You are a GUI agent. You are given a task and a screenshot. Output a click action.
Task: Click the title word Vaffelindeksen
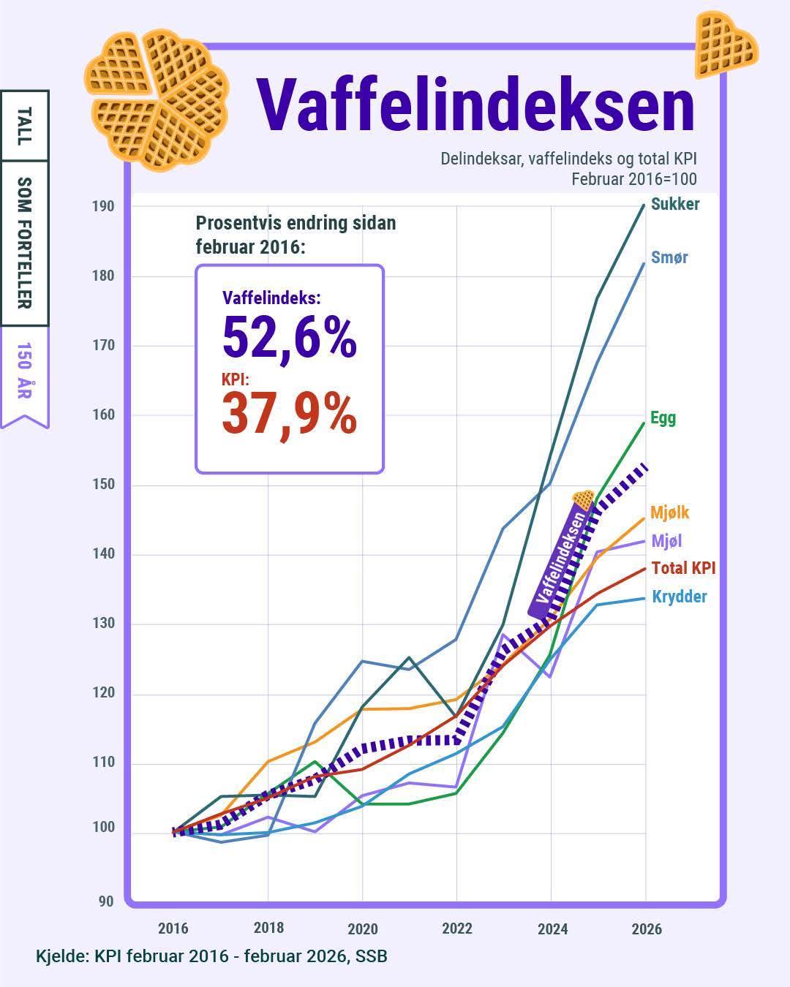pyautogui.click(x=475, y=105)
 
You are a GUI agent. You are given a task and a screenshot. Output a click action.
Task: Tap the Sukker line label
pyautogui.click(x=675, y=204)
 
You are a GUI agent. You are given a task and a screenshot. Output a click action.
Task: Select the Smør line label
pyautogui.click(x=669, y=257)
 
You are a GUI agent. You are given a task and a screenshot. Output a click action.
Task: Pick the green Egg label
pyautogui.click(x=663, y=418)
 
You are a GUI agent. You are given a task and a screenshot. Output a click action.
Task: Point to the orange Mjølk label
pyautogui.click(x=669, y=513)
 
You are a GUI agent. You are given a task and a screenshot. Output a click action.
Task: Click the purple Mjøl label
pyautogui.click(x=666, y=541)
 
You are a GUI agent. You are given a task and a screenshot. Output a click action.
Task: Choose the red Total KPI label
pyautogui.click(x=683, y=568)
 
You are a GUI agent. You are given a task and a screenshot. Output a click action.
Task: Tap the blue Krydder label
pyautogui.click(x=680, y=597)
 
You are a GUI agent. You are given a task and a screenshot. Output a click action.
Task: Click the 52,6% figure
pyautogui.click(x=290, y=337)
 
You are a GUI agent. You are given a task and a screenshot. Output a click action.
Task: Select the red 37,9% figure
pyautogui.click(x=290, y=414)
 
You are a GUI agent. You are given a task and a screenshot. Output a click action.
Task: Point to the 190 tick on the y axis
pyautogui.click(x=103, y=206)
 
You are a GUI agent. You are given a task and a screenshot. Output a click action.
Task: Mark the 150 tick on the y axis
pyautogui.click(x=103, y=485)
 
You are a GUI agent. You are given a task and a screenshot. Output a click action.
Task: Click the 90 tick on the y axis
pyautogui.click(x=106, y=901)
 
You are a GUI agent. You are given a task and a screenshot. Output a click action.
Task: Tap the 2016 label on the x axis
pyautogui.click(x=173, y=929)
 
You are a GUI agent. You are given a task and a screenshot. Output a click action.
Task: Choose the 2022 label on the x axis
pyautogui.click(x=457, y=929)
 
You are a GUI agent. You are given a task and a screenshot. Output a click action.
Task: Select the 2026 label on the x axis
pyautogui.click(x=647, y=929)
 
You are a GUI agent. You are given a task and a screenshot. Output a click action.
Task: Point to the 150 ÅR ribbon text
pyautogui.click(x=25, y=371)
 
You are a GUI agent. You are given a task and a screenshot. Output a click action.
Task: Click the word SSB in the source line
pyautogui.click(x=371, y=956)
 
